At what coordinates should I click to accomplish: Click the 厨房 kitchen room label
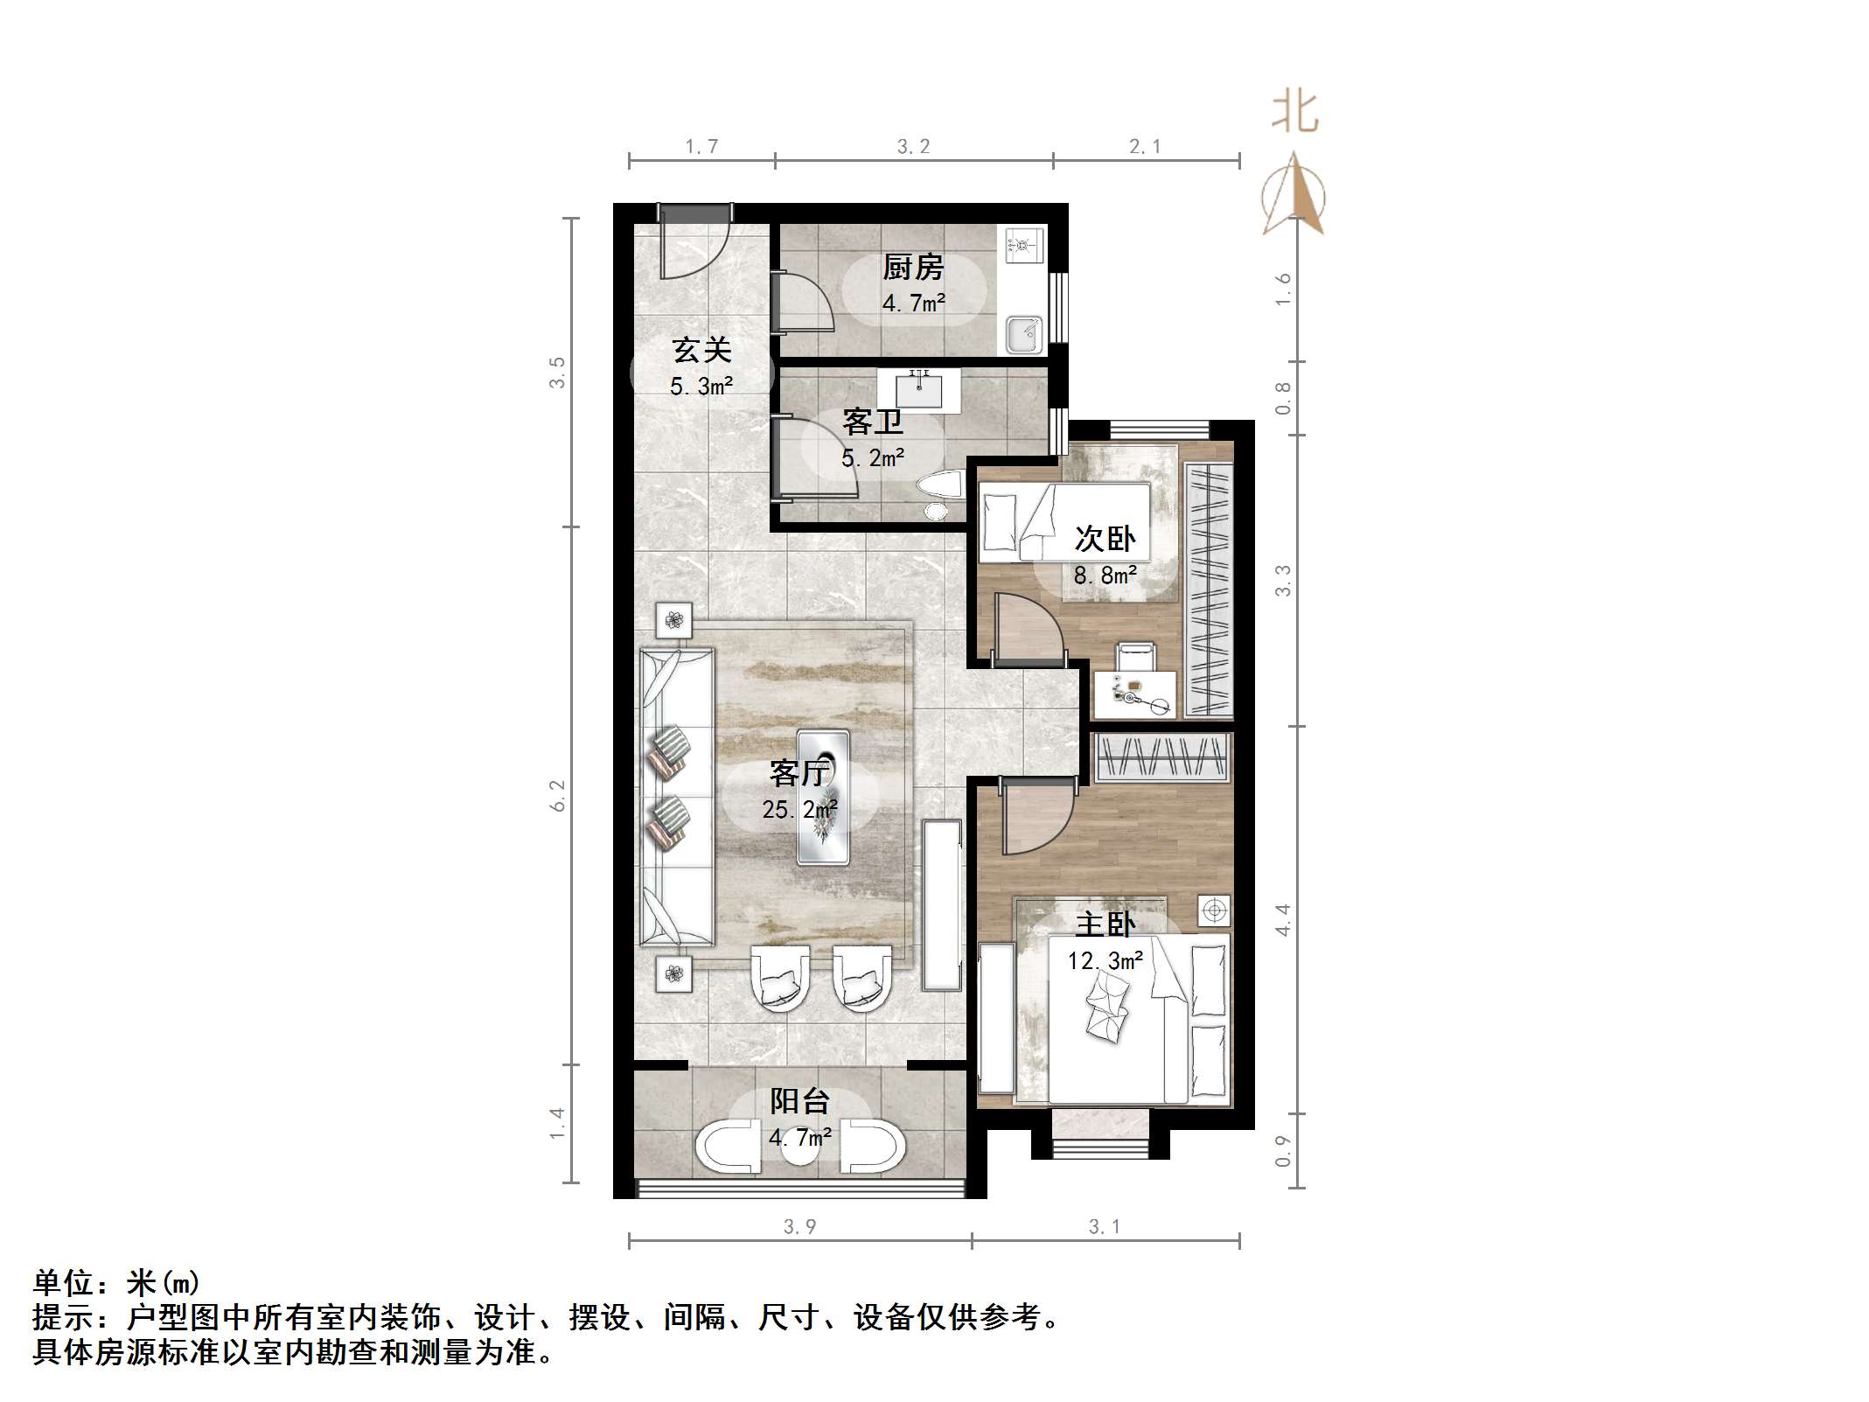[x=913, y=268]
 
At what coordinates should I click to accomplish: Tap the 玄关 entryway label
[x=701, y=350]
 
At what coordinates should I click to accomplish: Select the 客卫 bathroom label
[x=872, y=422]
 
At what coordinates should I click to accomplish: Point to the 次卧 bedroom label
[x=1105, y=539]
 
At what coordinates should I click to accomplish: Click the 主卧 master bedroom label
[x=1105, y=924]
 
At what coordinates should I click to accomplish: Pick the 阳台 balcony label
[x=799, y=1101]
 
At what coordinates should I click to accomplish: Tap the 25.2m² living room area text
[x=799, y=810]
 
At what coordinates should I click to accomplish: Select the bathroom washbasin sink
[x=918, y=390]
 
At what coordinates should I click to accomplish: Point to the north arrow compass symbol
[x=1294, y=196]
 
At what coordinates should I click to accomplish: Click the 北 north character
[x=1295, y=113]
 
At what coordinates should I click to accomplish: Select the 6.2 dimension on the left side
[x=557, y=795]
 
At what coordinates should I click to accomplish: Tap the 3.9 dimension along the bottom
[x=799, y=1227]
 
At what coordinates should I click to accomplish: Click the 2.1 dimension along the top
[x=1145, y=147]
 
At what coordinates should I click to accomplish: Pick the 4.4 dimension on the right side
[x=1283, y=919]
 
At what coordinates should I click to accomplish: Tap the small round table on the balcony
[x=799, y=1149]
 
